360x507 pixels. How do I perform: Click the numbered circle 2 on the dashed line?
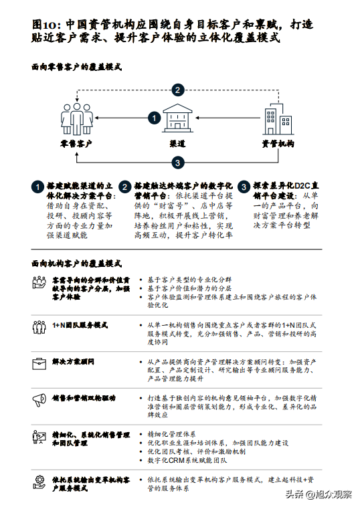177,90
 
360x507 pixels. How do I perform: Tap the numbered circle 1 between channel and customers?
155,118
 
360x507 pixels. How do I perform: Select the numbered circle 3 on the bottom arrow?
177,163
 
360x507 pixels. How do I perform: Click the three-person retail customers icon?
77,119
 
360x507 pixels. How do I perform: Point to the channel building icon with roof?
177,118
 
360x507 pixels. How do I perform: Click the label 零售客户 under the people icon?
76,144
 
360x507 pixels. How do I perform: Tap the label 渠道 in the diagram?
177,144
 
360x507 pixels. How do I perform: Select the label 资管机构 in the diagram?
278,144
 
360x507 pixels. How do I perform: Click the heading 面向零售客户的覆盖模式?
77,67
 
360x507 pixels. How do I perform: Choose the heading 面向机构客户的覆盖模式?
77,264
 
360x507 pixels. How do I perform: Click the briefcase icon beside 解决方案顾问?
39,363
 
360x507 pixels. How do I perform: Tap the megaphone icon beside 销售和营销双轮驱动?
39,400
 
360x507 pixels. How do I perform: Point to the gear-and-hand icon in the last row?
39,482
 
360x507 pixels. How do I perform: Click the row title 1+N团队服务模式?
80,325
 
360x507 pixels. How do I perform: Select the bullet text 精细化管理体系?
171,434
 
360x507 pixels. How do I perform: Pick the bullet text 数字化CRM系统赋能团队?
187,460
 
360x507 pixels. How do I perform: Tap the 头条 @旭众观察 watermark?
319,494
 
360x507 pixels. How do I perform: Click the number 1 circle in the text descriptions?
37,187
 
